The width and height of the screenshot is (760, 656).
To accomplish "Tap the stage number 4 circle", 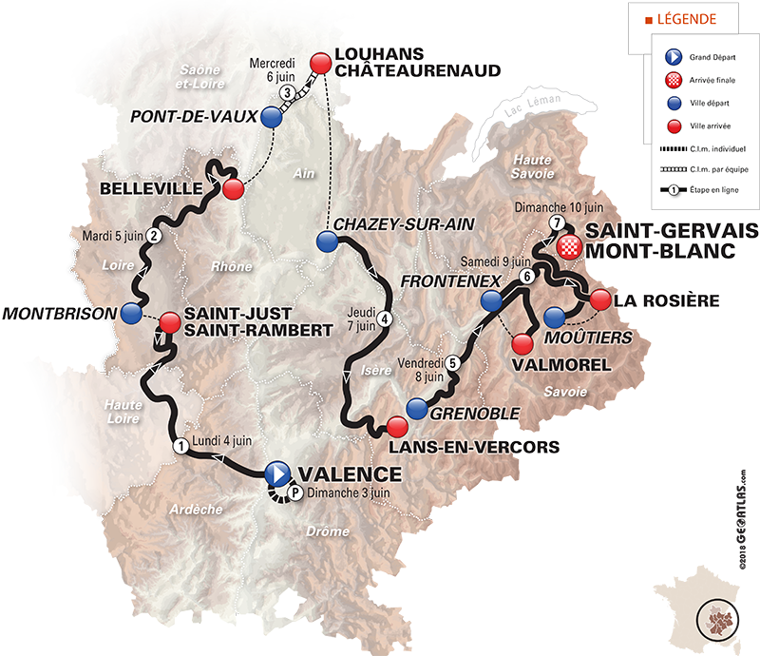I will (385, 318).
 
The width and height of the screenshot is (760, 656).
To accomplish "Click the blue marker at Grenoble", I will (416, 409).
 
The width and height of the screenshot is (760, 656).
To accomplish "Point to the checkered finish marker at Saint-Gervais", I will (567, 247).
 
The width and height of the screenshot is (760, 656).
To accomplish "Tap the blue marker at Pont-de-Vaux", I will (273, 117).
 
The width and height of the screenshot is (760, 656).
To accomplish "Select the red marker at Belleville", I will (234, 188).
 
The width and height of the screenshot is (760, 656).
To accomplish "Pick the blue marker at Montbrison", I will (131, 313).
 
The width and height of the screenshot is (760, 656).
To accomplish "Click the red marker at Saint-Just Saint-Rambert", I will (169, 322).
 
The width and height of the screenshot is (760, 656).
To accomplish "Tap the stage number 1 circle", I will (180, 445).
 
